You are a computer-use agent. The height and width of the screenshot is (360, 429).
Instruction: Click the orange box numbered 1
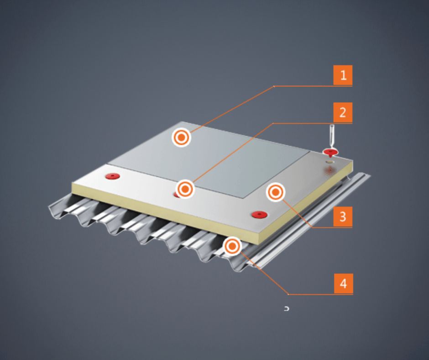pos(343,75)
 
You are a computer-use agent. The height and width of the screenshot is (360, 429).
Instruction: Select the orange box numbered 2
pos(343,112)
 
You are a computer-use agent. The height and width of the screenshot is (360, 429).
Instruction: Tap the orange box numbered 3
pos(343,217)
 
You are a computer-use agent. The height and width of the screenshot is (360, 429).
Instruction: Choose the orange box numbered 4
pos(343,284)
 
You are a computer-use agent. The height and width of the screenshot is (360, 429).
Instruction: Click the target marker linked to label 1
pos(181,137)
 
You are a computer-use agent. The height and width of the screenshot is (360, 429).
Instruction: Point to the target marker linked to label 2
pos(185,189)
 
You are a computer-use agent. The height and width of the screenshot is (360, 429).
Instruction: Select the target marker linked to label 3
pos(276,192)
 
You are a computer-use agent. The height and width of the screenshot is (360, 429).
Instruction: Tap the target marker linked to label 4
pos(232,246)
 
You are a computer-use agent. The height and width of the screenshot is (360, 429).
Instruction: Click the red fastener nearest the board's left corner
pos(113,176)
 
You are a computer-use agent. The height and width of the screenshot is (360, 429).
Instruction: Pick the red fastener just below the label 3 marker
pos(259,214)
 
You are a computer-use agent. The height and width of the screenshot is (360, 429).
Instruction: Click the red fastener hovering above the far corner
pos(331,152)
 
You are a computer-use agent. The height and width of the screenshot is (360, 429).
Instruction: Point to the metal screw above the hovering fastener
pos(332,136)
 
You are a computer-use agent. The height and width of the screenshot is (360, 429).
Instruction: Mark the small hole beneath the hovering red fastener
pos(330,162)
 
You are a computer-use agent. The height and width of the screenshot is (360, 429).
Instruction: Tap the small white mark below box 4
pos(287,309)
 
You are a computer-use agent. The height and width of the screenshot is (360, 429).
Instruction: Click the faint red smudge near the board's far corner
pos(330,171)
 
